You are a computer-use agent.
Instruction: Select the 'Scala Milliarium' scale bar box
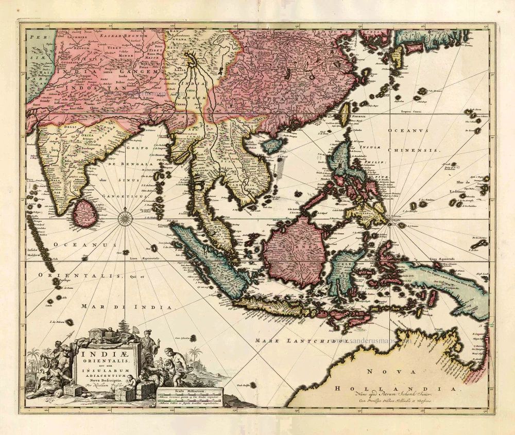pyautogui.click(x=189, y=397)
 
